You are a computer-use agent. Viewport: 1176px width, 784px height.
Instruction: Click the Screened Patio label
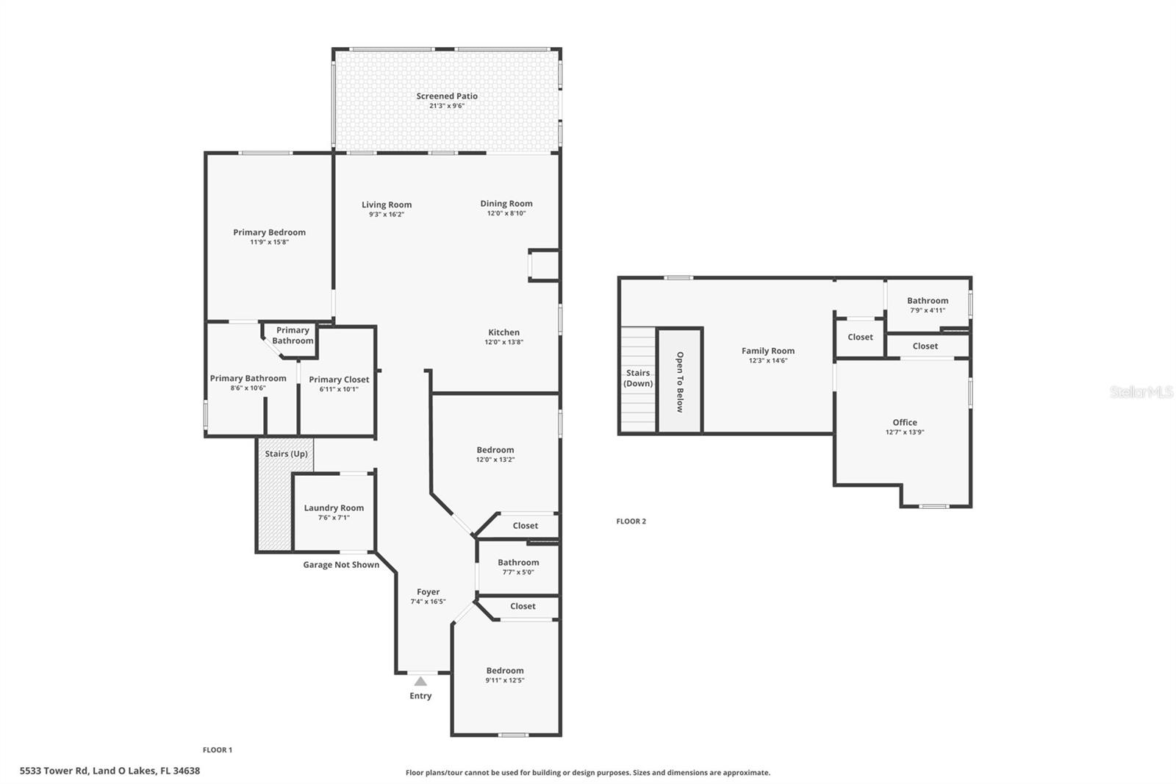pyautogui.click(x=447, y=96)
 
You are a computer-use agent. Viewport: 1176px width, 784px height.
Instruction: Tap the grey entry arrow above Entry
pyautogui.click(x=420, y=681)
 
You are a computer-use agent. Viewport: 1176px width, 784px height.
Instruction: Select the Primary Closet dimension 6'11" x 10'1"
pyautogui.click(x=339, y=389)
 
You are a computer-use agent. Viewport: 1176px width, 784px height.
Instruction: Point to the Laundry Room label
pyautogui.click(x=334, y=507)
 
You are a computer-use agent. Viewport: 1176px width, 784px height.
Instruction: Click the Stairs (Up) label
pyautogui.click(x=286, y=454)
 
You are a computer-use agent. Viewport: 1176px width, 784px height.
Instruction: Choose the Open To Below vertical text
pyautogui.click(x=680, y=382)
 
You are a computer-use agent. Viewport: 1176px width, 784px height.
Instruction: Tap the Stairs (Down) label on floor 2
pyautogui.click(x=638, y=378)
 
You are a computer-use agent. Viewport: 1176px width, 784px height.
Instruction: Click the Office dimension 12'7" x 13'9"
pyautogui.click(x=905, y=432)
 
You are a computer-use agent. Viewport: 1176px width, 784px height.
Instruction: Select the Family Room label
pyautogui.click(x=768, y=351)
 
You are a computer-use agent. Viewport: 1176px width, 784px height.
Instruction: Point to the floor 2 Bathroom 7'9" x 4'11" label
pyautogui.click(x=928, y=300)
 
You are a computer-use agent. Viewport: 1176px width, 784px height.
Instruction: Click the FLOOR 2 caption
pyautogui.click(x=631, y=521)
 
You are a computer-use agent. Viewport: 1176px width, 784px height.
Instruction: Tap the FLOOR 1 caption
pyautogui.click(x=218, y=750)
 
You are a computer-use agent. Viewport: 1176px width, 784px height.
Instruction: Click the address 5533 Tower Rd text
pyautogui.click(x=110, y=771)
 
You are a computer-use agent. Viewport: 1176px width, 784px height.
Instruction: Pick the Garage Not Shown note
pyautogui.click(x=341, y=565)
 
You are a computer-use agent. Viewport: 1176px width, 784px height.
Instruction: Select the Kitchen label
pyautogui.click(x=504, y=332)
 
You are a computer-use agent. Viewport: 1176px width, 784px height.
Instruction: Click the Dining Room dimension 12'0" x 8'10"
pyautogui.click(x=506, y=213)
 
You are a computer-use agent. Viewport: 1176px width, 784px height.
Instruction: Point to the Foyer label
pyautogui.click(x=428, y=591)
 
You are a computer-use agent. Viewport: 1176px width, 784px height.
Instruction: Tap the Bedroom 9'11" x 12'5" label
pyautogui.click(x=505, y=671)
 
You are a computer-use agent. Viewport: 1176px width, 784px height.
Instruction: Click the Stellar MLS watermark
pyautogui.click(x=1141, y=392)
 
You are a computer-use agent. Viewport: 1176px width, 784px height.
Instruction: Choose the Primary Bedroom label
pyautogui.click(x=269, y=232)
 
